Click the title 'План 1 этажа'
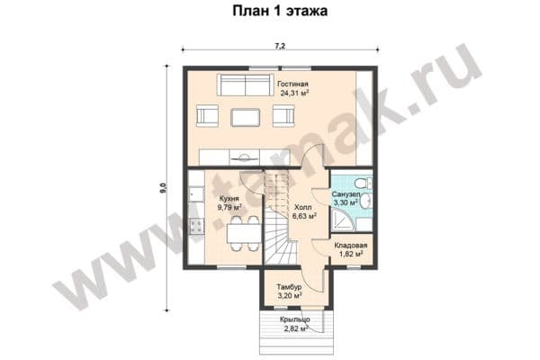280,11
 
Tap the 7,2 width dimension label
280,46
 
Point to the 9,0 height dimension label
163,188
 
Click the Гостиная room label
292,84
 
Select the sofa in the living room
245,85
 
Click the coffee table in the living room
245,118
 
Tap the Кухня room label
229,199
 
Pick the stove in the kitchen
196,227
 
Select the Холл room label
303,207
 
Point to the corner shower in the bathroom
343,220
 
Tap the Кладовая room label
351,246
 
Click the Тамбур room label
289,287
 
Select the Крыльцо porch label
295,319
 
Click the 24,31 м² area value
294,93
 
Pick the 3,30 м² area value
346,202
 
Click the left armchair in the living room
207,116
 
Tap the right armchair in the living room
283,116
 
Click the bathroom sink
366,201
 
